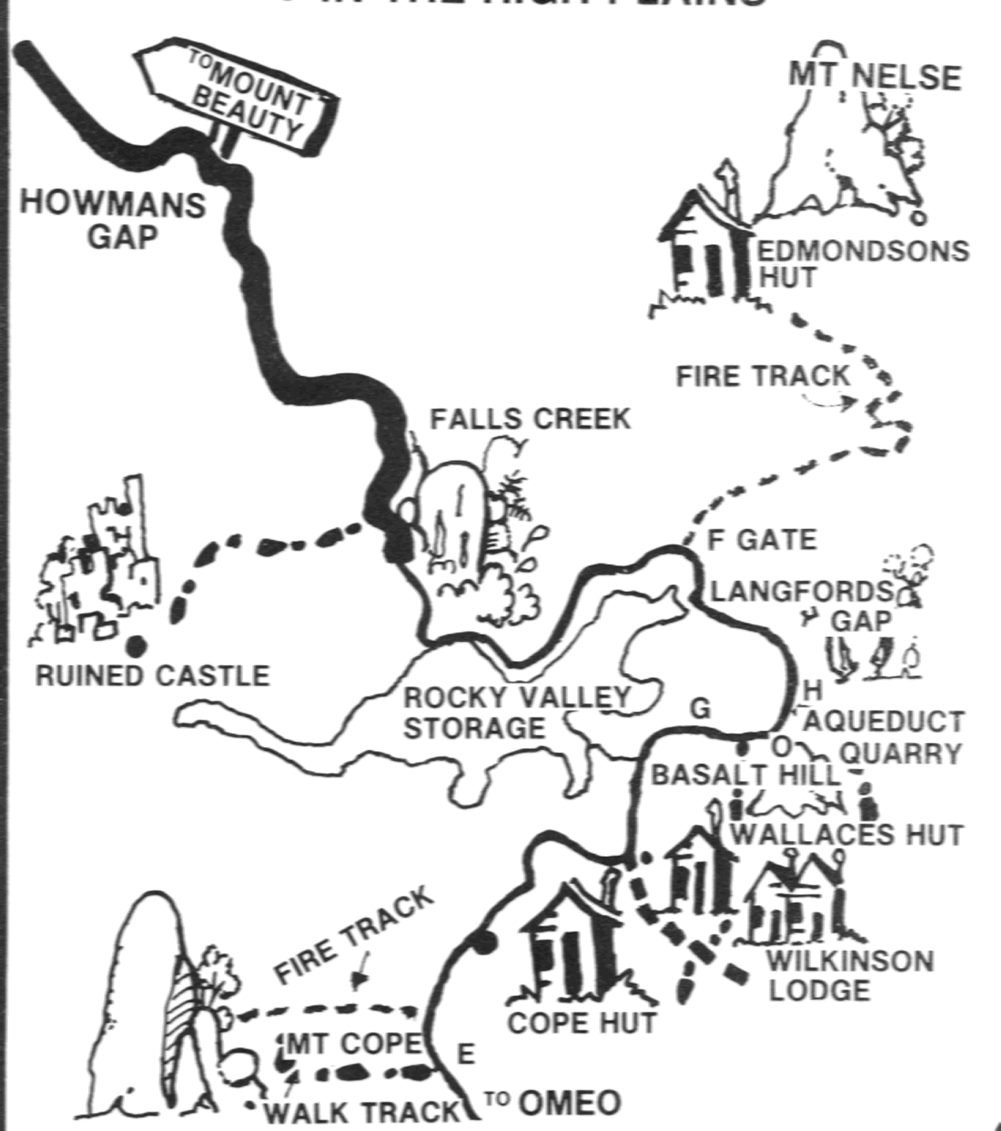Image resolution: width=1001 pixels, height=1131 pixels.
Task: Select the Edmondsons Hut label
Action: pos(862,264)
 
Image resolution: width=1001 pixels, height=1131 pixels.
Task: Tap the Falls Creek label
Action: pos(530,418)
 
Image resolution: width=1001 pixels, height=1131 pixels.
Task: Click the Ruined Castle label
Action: pos(152,676)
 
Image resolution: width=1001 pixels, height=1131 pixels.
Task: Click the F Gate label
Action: pos(762,540)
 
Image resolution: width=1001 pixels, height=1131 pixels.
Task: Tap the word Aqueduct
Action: pos(885,721)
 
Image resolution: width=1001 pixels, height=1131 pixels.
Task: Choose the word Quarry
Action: pos(900,754)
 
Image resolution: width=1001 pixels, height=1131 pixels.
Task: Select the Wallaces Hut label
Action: pos(847,835)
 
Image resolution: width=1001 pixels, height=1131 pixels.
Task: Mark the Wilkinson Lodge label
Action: pos(849,975)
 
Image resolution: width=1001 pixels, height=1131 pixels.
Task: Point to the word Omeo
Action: pos(569,1102)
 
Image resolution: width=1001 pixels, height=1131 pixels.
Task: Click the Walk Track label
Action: pos(362,1113)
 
